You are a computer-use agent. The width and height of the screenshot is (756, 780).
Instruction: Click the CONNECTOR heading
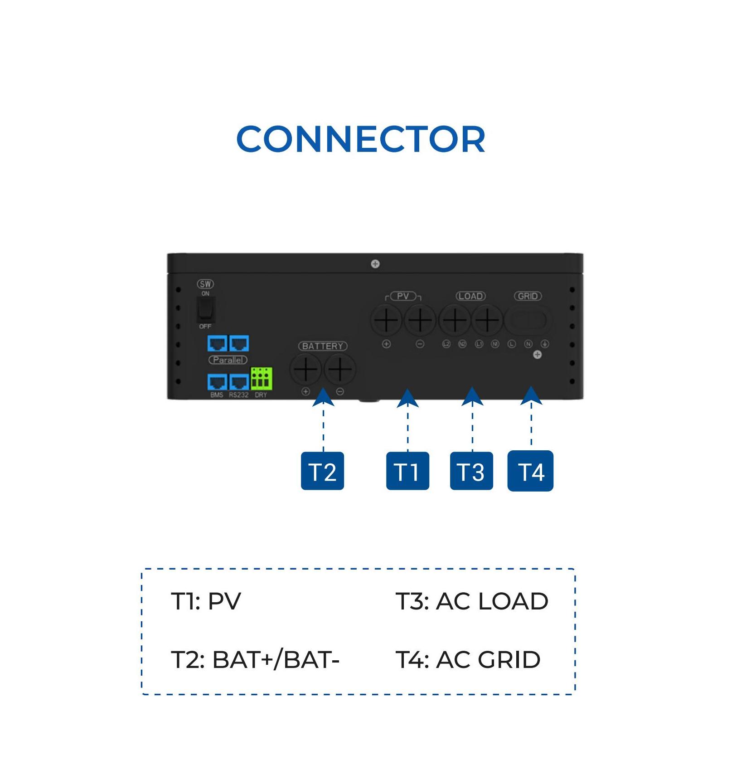point(361,139)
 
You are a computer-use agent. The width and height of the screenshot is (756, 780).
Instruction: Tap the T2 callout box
point(322,471)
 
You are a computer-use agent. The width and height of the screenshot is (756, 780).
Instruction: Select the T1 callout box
point(407,471)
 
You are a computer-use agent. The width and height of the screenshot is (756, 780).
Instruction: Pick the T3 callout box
point(471,471)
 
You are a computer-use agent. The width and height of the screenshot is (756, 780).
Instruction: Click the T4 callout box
point(530,471)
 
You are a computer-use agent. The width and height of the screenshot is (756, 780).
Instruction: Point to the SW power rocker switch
point(206,310)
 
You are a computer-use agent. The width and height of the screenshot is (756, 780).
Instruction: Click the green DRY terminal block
point(262,378)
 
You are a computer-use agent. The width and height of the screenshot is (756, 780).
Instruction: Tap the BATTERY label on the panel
point(323,346)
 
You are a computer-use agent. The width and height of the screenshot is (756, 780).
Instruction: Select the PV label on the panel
point(403,296)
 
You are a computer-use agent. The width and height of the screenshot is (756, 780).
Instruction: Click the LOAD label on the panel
point(470,296)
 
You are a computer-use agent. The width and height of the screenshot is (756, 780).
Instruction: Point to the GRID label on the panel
point(528,296)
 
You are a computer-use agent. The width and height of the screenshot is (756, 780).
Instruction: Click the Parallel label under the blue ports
point(228,360)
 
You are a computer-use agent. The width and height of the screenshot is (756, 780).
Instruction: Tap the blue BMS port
point(217,382)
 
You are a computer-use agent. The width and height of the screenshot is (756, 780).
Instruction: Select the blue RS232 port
point(239,382)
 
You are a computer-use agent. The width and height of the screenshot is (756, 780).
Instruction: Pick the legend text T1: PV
point(206,601)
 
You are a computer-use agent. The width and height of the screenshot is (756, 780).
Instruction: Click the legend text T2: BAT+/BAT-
point(255,659)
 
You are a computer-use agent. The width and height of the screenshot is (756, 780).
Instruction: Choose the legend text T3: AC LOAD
point(472,601)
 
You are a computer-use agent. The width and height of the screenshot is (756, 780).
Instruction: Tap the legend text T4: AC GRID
point(468,659)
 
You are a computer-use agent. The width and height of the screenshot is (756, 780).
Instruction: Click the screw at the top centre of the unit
point(375,264)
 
